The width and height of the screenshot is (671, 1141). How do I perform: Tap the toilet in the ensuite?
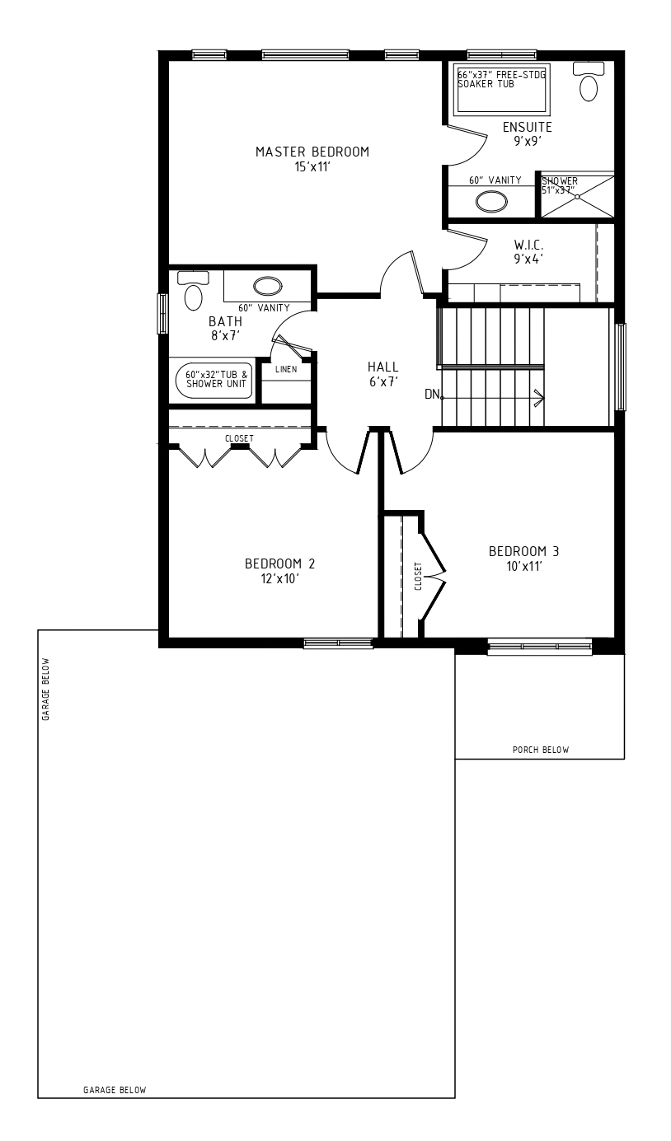pos(589,82)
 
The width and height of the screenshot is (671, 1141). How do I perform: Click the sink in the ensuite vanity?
pos(491,201)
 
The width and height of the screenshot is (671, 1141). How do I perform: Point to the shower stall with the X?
pos(577,196)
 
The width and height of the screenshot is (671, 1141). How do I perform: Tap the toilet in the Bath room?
pos(193,291)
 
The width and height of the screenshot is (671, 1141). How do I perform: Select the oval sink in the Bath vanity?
pos(268,286)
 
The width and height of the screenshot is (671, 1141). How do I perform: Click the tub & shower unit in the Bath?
pos(213,380)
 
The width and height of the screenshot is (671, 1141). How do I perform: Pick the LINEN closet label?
pos(286,369)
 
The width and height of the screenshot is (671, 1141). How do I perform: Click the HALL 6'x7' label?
pos(383,374)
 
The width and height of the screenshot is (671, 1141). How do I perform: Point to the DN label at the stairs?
pos(432,394)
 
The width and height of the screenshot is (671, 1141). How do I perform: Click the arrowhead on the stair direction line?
pos(540,398)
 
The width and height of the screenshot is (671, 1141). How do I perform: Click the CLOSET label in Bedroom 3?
pos(418,576)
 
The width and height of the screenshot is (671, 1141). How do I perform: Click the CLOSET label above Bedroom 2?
pos(239,438)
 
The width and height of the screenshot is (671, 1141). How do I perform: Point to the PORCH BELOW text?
pos(541,750)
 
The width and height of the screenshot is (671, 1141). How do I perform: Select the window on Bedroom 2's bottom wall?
pos(338,643)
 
